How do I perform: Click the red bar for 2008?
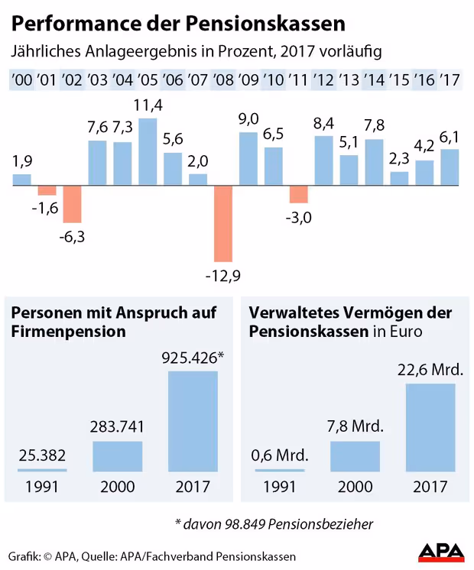click(222, 223)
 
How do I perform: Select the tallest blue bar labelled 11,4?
click(148, 151)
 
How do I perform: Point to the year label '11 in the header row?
click(299, 79)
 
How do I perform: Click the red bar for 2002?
click(73, 205)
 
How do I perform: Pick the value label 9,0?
click(248, 118)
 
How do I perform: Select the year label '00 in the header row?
click(22, 79)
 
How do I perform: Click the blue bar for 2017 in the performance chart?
click(450, 167)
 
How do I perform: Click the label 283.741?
click(117, 426)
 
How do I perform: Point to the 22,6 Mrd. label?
click(430, 369)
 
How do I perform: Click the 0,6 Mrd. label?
click(280, 456)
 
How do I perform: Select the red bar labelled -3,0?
click(299, 194)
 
